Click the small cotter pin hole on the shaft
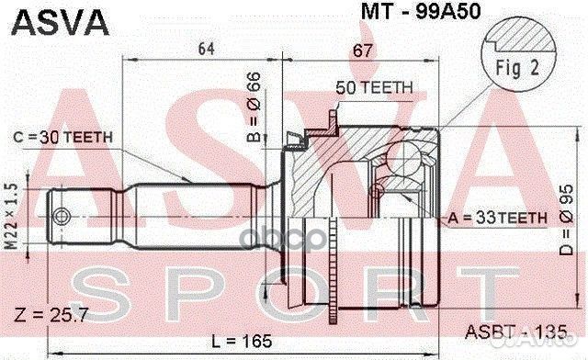pyautogui.click(x=62, y=217)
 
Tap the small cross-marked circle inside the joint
pyautogui.click(x=376, y=191)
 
